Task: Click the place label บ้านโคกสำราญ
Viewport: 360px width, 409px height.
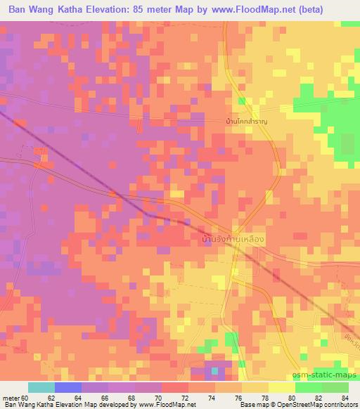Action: [247, 122]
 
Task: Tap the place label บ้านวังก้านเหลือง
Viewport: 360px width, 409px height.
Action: [232, 240]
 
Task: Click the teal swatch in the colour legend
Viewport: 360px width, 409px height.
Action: [41, 387]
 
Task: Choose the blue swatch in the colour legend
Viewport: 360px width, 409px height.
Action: [68, 387]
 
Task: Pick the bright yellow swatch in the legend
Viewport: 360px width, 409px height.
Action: [281, 387]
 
